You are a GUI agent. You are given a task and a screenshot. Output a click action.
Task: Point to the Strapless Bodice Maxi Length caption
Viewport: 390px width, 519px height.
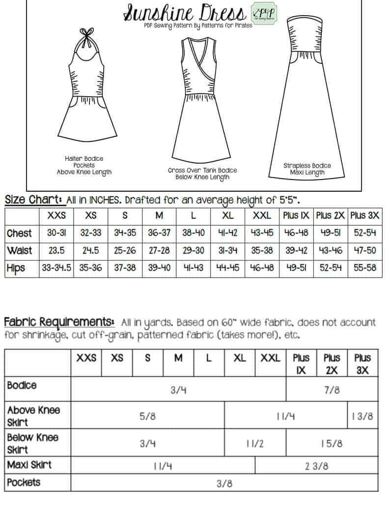(307, 169)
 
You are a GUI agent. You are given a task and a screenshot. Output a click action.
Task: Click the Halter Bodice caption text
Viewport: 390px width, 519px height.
(84, 165)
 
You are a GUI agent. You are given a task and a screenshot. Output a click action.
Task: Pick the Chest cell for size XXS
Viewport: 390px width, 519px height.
(56, 234)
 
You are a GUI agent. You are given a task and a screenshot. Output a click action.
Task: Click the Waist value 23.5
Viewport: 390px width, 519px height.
(56, 251)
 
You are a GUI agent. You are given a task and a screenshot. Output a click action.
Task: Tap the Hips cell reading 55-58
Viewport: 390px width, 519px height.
(365, 268)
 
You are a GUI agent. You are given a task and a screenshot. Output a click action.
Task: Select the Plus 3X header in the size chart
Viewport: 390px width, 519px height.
(365, 216)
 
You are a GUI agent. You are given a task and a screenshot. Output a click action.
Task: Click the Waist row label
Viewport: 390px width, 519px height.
(20, 251)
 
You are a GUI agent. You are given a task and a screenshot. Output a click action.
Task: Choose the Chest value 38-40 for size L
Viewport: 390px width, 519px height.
(194, 234)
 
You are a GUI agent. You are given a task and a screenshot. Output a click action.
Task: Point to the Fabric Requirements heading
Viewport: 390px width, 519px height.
(58, 322)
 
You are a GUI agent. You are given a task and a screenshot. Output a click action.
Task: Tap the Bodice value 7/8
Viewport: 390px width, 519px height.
(332, 390)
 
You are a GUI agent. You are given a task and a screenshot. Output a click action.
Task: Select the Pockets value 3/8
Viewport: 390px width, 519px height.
(224, 484)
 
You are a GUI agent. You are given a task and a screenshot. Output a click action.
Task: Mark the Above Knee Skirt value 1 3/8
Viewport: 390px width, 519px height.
(362, 416)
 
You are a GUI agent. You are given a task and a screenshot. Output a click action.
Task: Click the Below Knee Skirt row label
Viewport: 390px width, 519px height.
(32, 443)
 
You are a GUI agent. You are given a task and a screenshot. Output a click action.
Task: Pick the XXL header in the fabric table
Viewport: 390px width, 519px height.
(270, 358)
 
